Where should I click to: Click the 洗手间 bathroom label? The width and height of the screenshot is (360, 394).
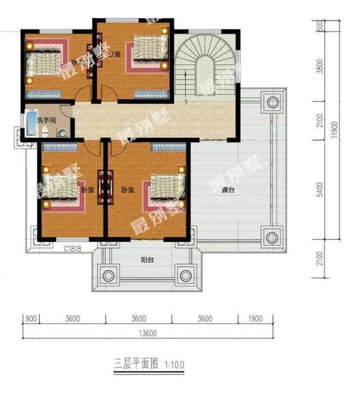tap(45, 120)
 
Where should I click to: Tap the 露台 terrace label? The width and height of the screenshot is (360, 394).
tap(228, 191)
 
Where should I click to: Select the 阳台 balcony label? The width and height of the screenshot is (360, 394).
tap(147, 260)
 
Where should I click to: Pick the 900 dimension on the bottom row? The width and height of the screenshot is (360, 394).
tap(31, 319)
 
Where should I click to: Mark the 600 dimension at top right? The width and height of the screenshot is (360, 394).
tap(319, 26)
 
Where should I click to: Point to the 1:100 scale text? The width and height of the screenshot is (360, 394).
tap(174, 365)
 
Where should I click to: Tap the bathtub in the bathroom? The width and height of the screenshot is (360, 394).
tap(29, 124)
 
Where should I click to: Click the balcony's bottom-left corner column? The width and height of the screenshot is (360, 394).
tap(108, 276)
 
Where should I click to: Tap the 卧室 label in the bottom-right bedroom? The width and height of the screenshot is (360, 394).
tap(128, 190)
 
